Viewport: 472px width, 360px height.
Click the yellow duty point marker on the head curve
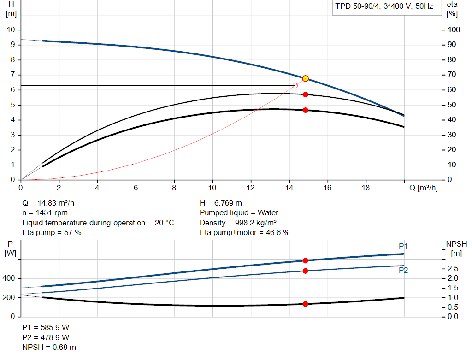[305, 78]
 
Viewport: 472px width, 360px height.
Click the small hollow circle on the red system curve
[295, 85]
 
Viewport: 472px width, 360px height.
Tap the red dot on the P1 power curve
[305, 260]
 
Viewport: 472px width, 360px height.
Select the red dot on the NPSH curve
[305, 304]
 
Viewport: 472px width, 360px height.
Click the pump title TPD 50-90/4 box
[383, 7]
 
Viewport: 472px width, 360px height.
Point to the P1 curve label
[403, 247]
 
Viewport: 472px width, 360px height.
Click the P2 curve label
[403, 270]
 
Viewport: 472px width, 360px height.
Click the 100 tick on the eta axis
[454, 30]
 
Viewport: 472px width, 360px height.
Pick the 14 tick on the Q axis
[289, 188]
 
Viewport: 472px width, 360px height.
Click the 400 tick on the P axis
[10, 278]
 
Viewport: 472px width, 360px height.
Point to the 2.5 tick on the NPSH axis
[453, 268]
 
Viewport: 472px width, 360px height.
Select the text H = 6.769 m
[221, 203]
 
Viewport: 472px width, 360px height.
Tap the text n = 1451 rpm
[45, 212]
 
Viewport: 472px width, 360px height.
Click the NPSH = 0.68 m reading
[49, 347]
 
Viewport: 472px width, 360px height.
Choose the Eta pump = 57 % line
[52, 232]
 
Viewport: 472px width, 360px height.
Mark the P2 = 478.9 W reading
[46, 337]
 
